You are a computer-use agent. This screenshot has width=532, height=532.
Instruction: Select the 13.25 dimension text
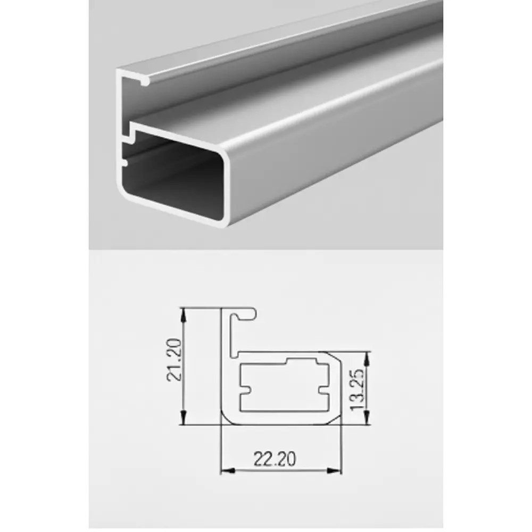coord(358,388)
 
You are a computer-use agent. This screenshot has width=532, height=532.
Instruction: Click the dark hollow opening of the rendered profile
coord(176,181)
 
